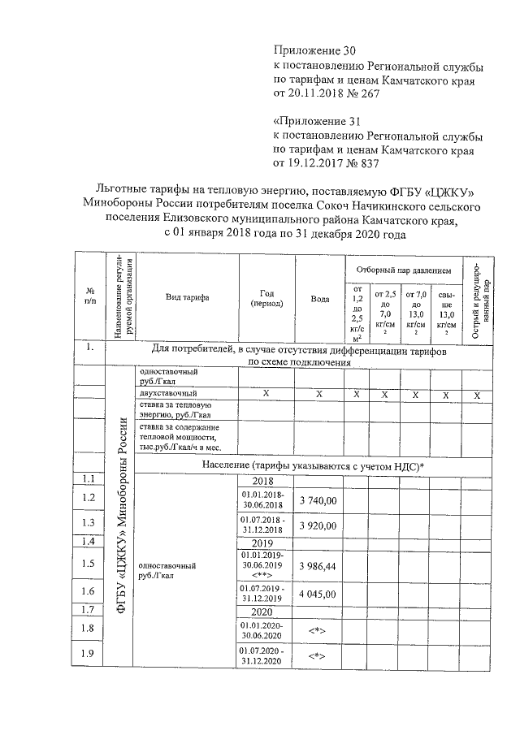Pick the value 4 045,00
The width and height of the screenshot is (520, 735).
(x=318, y=594)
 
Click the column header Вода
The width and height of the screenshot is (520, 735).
(x=320, y=299)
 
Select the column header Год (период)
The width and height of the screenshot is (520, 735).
(x=267, y=297)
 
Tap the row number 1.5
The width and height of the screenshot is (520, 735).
(x=89, y=563)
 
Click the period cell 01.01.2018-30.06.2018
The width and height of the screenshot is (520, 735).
(x=262, y=499)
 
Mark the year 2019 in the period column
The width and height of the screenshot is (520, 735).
(x=262, y=543)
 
